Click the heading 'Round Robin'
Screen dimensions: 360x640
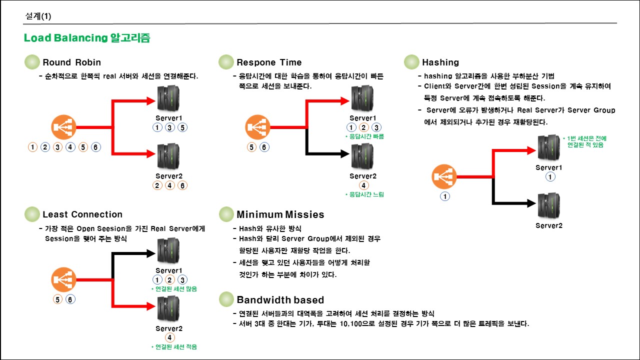71,62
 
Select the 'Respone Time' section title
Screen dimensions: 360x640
269,62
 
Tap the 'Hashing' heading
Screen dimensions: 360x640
440,62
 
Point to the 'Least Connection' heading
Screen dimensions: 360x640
82,214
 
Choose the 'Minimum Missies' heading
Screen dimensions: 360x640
280,214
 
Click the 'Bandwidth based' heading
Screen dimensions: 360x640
280,300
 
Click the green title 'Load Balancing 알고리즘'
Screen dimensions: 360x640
87,38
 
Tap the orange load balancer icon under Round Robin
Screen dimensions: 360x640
63,127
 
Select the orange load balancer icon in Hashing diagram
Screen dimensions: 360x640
444,177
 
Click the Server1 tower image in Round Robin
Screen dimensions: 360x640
168,98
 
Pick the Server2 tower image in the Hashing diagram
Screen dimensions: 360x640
548,205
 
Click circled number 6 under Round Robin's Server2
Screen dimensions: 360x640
182,185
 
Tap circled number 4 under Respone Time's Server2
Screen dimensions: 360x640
364,185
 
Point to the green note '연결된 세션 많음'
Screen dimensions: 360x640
174,289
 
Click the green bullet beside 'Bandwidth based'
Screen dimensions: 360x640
226,299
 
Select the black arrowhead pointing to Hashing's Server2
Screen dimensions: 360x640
533,203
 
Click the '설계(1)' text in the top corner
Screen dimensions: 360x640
38,16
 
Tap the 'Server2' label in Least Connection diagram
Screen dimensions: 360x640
169,328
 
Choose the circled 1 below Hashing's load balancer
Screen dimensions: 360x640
444,196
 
